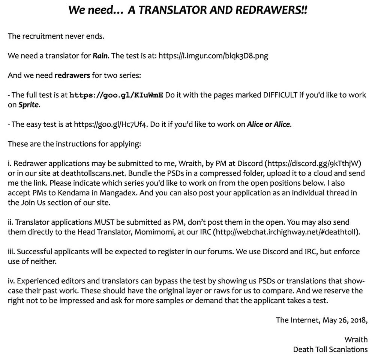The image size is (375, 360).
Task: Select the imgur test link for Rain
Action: (213, 56)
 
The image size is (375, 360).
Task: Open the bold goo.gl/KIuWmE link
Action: (116, 95)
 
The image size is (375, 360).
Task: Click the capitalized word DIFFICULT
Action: (273, 95)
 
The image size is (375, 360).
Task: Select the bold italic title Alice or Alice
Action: (268, 124)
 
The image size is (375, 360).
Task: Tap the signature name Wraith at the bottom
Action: (356, 339)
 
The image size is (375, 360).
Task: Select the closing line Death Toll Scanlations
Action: (330, 349)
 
